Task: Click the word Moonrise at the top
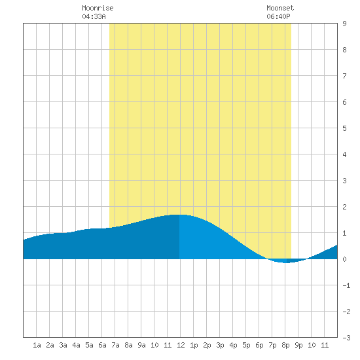(98, 8)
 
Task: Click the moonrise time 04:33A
(94, 16)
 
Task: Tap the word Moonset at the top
(280, 8)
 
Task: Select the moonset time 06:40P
(278, 16)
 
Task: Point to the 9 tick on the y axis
(344, 24)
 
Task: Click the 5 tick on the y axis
(344, 128)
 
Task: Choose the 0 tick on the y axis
(344, 259)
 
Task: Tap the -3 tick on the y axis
(346, 338)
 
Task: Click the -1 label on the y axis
(346, 285)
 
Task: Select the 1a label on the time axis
(37, 345)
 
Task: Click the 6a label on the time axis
(102, 345)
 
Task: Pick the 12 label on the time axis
(181, 345)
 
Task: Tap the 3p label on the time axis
(220, 345)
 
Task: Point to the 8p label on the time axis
(285, 345)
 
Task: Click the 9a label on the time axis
(141, 345)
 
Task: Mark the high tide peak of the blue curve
(179, 215)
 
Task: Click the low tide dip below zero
(286, 262)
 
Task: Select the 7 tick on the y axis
(344, 76)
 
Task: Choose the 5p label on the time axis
(246, 345)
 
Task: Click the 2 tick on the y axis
(344, 207)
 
